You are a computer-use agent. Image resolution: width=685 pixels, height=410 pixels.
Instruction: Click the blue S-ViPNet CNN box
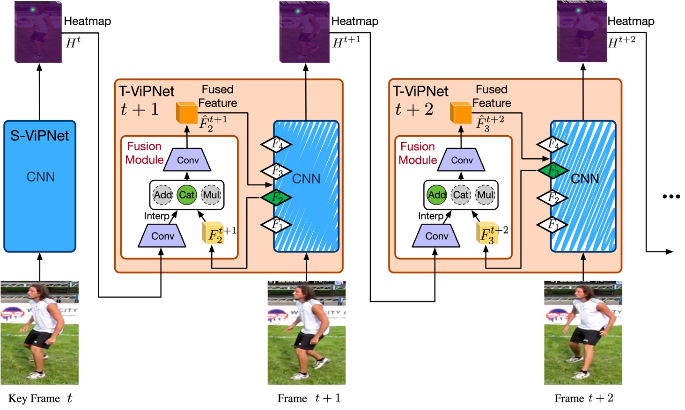point(40,186)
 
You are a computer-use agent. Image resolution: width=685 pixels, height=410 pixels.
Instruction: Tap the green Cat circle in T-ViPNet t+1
point(186,195)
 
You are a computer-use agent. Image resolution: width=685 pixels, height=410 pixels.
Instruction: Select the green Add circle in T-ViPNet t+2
point(436,195)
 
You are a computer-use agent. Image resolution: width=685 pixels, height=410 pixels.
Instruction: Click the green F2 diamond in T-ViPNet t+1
point(276,198)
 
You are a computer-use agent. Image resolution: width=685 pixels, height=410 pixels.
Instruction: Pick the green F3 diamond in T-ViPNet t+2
point(553,170)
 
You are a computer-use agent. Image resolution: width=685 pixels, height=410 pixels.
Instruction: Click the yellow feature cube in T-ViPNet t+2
point(487,233)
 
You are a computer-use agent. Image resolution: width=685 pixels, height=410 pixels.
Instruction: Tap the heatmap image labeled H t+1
point(304,32)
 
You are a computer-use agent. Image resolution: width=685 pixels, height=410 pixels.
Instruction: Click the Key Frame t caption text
point(40,398)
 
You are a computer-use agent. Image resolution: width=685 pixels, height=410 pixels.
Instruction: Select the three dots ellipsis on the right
point(671,197)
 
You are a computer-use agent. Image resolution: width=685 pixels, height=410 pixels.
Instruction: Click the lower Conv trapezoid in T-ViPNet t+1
point(162,236)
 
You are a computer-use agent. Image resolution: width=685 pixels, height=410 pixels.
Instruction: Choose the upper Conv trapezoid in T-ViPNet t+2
point(462,160)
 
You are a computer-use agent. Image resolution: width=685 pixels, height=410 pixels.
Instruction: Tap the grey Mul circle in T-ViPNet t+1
point(211,195)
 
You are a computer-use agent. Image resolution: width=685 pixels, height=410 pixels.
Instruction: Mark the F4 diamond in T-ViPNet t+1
point(276,144)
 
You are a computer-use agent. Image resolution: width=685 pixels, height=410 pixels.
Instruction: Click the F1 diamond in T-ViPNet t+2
point(552,225)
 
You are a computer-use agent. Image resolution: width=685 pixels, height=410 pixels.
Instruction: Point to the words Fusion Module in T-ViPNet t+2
point(418,153)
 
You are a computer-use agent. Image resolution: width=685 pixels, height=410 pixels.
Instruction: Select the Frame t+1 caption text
point(309,398)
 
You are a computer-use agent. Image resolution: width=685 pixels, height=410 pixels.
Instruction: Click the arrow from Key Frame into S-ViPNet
point(40,267)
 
